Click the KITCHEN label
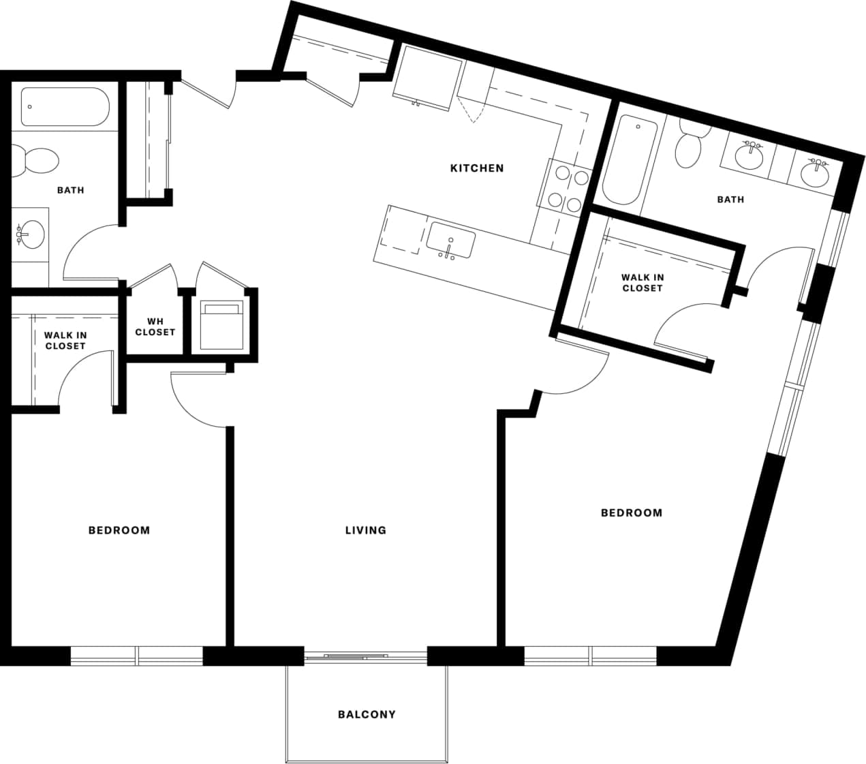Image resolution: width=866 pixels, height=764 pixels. pyautogui.click(x=477, y=168)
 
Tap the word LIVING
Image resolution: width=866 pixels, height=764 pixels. pyautogui.click(x=365, y=530)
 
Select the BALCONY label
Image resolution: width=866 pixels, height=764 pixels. pyautogui.click(x=367, y=714)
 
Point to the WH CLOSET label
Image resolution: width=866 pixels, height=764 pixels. pyautogui.click(x=155, y=327)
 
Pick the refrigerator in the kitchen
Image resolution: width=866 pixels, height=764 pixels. pyautogui.click(x=427, y=76)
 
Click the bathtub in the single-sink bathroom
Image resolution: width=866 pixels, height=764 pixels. pyautogui.click(x=64, y=106)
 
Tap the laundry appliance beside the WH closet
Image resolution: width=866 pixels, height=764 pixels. pyautogui.click(x=221, y=325)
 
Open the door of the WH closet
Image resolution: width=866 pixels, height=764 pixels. pyautogui.click(x=153, y=275)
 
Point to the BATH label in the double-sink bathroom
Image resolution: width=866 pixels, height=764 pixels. pyautogui.click(x=730, y=200)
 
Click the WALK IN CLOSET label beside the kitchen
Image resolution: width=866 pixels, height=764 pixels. pyautogui.click(x=642, y=283)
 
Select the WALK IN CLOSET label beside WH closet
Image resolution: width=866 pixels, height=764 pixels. pyautogui.click(x=65, y=341)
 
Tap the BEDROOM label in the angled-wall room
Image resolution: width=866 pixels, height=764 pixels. pyautogui.click(x=631, y=513)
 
